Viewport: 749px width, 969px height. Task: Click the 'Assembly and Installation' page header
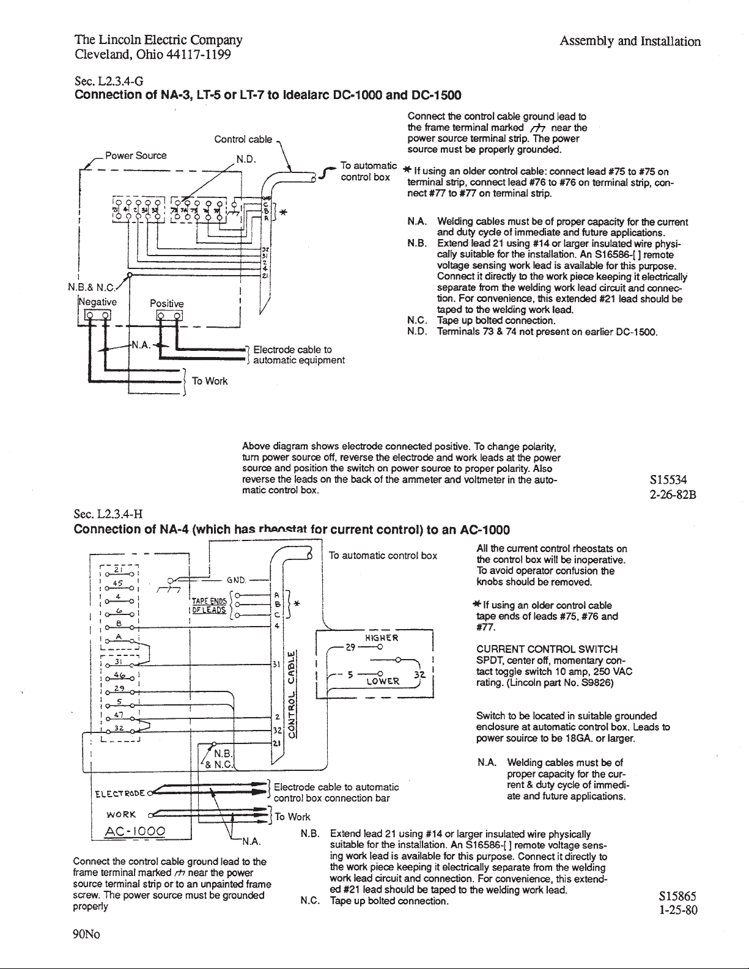point(630,42)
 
